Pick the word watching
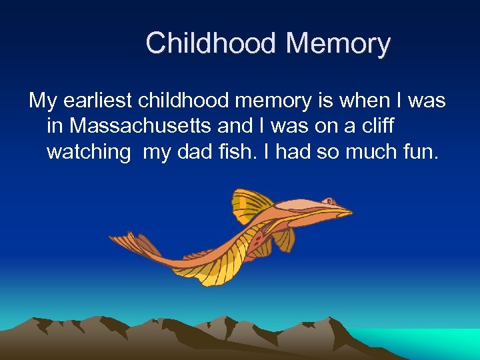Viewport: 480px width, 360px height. pos(89,152)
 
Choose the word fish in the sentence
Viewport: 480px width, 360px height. pos(237,151)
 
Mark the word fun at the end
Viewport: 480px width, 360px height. pos(421,151)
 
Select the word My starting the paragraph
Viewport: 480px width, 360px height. pos(43,101)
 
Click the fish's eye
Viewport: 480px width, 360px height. pos(329,200)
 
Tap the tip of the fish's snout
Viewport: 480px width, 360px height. pos(351,213)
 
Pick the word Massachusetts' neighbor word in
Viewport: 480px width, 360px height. pos(55,125)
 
